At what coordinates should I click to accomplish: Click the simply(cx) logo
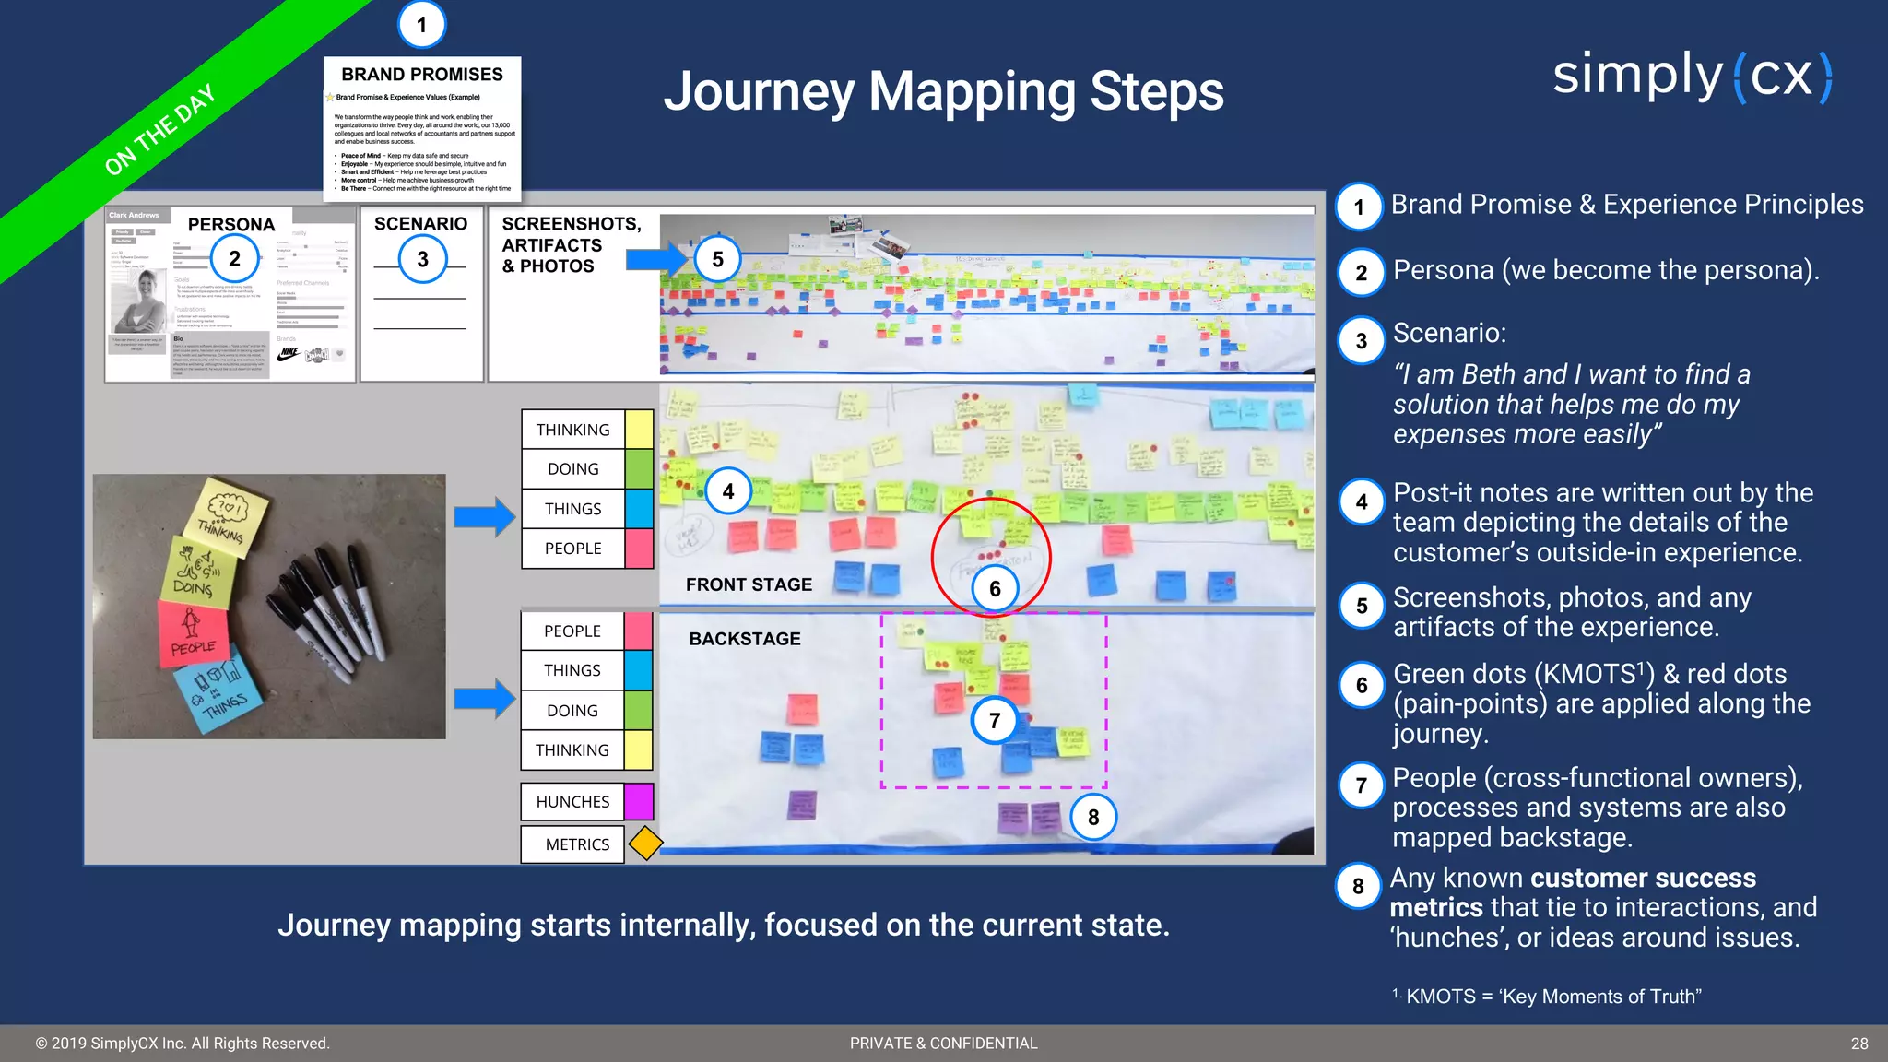click(x=1693, y=76)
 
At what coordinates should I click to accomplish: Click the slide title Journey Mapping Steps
click(x=943, y=91)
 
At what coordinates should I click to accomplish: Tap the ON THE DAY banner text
click(x=159, y=129)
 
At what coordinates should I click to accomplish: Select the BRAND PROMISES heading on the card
click(x=422, y=75)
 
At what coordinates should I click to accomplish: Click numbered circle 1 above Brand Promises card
click(x=421, y=25)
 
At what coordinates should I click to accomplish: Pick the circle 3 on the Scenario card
click(x=422, y=259)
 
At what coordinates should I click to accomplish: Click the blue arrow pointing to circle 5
click(x=656, y=259)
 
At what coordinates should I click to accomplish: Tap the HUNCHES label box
click(x=572, y=802)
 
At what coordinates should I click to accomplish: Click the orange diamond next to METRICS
click(x=645, y=844)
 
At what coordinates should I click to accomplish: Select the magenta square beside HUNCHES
click(x=639, y=802)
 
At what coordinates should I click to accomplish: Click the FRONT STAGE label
click(x=749, y=584)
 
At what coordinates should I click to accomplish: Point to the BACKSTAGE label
click(x=745, y=639)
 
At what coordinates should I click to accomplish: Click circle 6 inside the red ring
click(x=995, y=588)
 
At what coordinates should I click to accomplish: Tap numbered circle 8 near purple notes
click(x=1092, y=817)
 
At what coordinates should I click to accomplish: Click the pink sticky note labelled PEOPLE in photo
click(x=193, y=632)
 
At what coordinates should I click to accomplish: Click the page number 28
click(x=1858, y=1044)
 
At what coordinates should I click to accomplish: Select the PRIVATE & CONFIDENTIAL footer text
click(x=943, y=1044)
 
